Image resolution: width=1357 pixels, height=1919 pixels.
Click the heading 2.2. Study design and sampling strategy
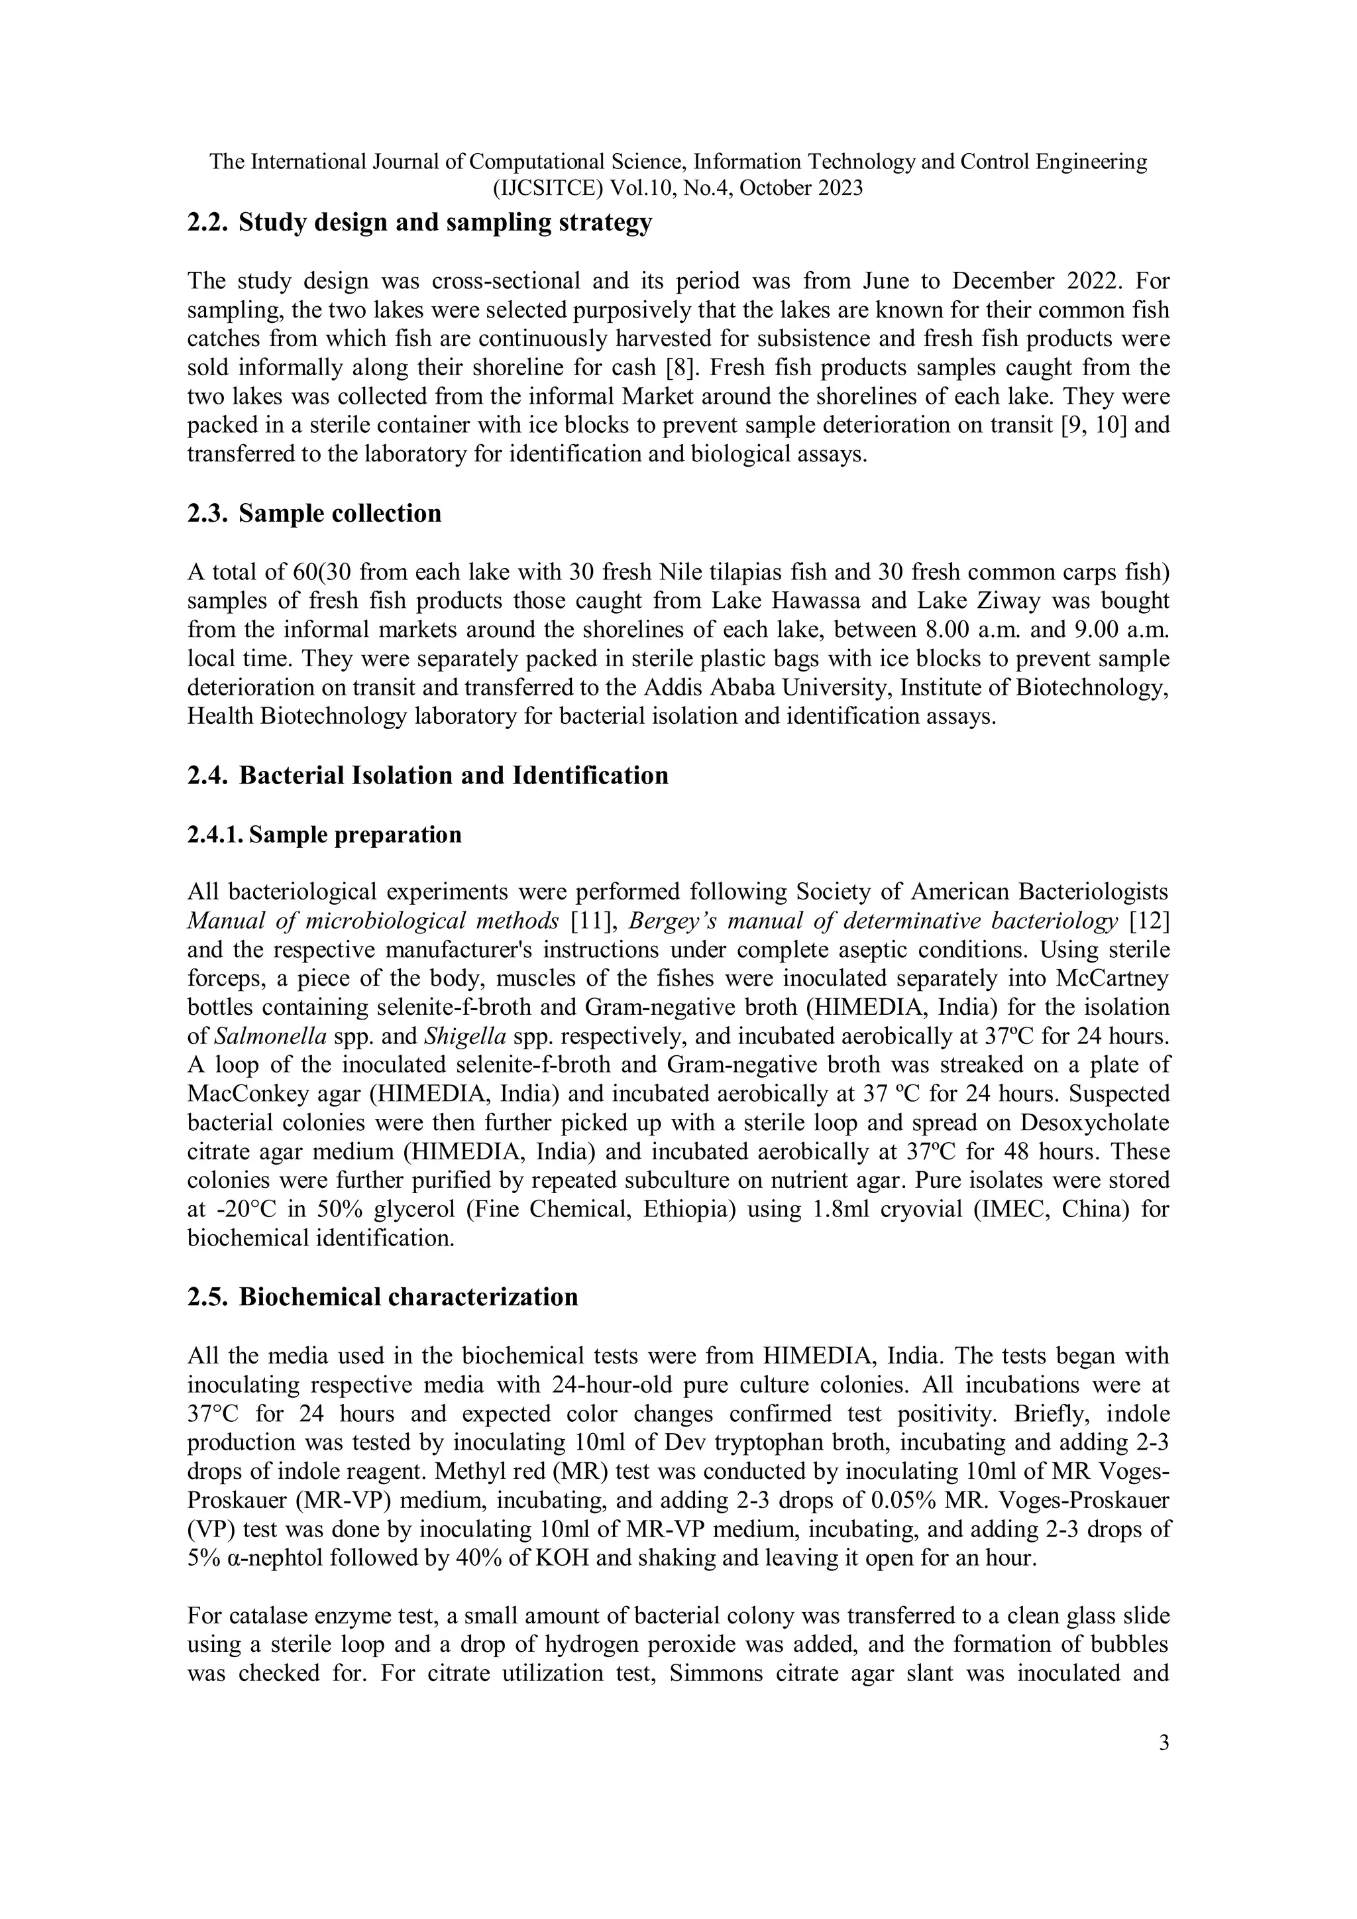[x=419, y=223]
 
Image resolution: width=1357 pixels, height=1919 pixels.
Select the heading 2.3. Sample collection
[x=314, y=513]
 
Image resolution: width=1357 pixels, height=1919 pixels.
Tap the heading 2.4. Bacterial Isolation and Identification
[x=428, y=776]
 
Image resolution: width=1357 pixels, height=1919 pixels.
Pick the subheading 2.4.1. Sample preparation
[x=324, y=835]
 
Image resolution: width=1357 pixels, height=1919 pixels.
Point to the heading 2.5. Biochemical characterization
[x=383, y=1297]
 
